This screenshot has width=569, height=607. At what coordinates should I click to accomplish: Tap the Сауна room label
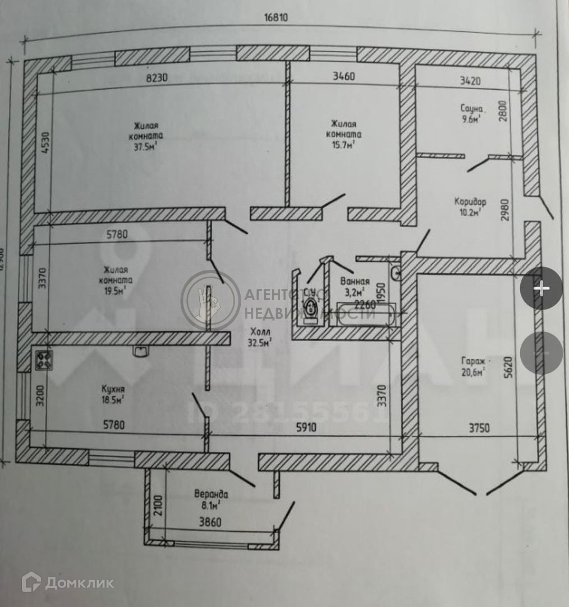(x=470, y=109)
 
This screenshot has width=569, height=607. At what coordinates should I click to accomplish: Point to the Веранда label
(x=211, y=494)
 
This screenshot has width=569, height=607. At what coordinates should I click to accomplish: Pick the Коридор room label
(x=470, y=201)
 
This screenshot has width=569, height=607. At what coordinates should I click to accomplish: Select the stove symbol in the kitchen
(x=44, y=360)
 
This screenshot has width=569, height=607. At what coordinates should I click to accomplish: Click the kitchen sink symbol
(x=140, y=351)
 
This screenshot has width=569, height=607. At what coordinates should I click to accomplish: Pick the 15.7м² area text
(x=344, y=145)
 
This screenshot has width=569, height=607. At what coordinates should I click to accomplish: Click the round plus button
(x=541, y=288)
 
